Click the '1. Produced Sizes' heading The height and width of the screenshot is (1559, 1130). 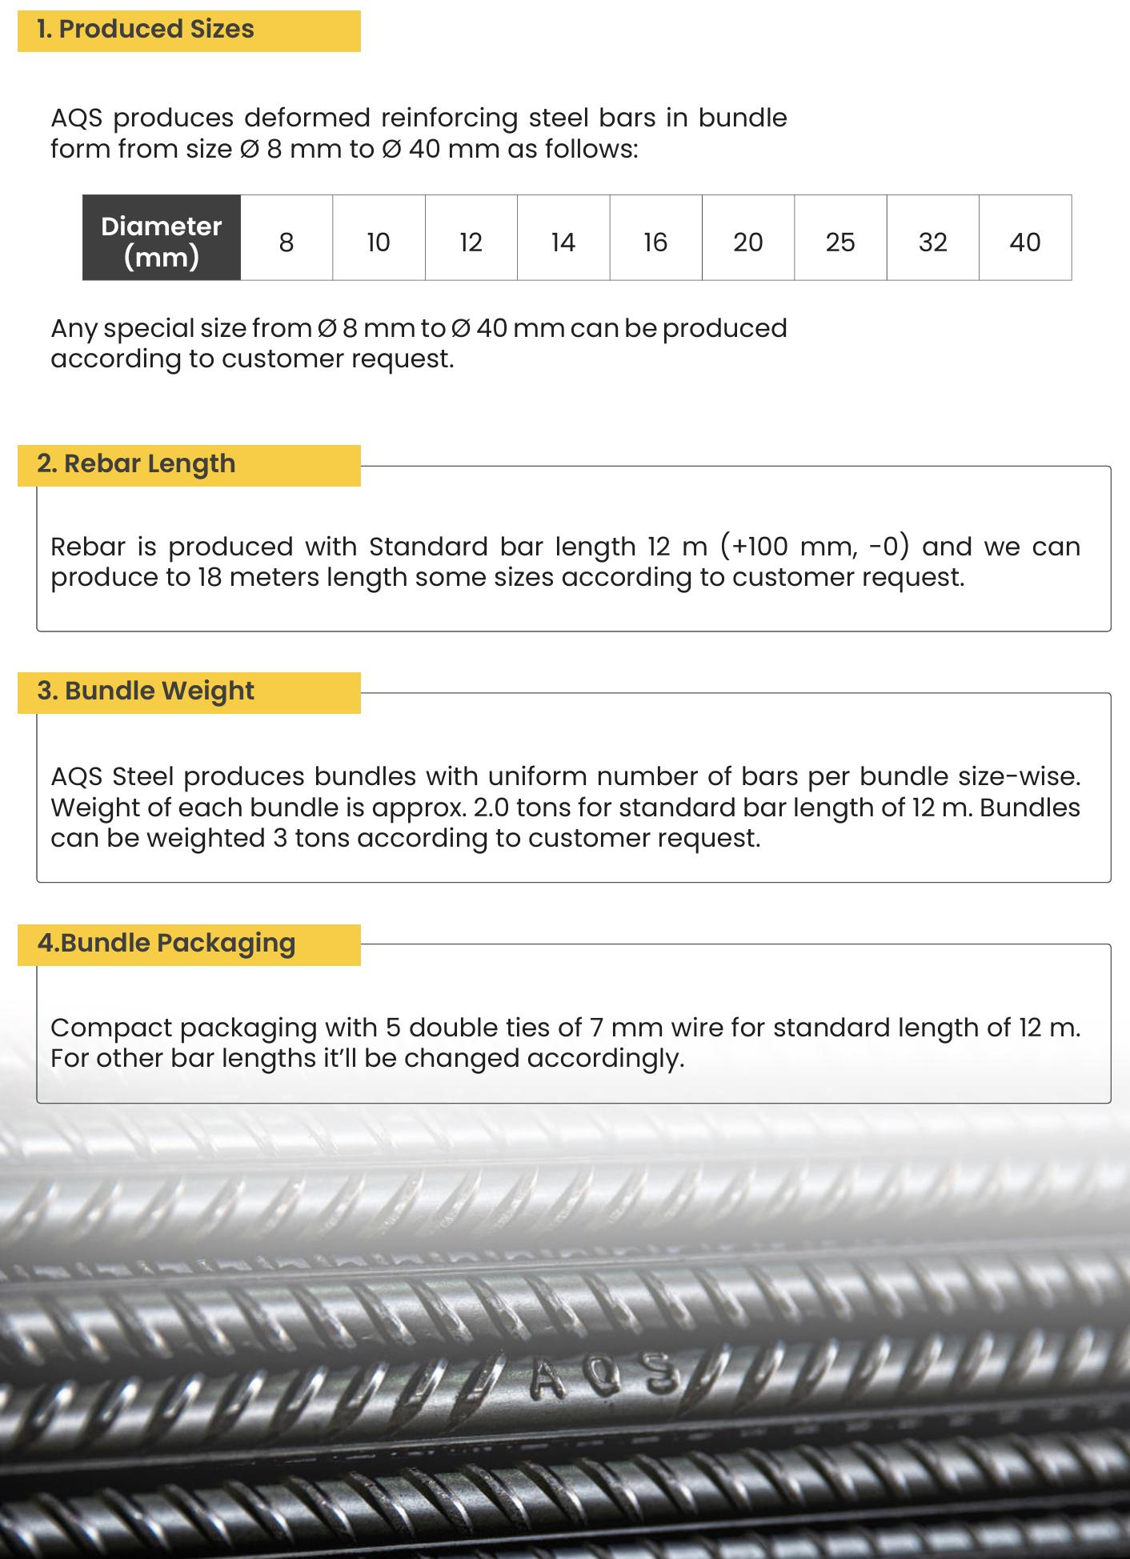pyautogui.click(x=145, y=30)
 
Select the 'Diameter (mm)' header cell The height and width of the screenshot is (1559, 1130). pyautogui.click(x=161, y=241)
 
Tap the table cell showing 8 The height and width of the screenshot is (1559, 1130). pyautogui.click(x=287, y=242)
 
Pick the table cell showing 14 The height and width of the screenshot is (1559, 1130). pyautogui.click(x=563, y=242)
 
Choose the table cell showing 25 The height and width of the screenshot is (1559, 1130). pyautogui.click(x=840, y=242)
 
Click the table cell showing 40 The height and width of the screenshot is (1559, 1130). pyautogui.click(x=1025, y=242)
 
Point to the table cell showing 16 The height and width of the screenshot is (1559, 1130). pyautogui.click(x=655, y=242)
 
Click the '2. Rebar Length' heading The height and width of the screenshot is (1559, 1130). pyautogui.click(x=136, y=464)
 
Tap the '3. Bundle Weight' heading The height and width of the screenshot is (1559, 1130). pyautogui.click(x=146, y=691)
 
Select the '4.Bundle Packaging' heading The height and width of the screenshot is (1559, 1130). pyautogui.click(x=166, y=944)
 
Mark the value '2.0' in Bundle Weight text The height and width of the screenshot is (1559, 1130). pyautogui.click(x=491, y=808)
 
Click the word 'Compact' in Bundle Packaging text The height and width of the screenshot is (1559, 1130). pyautogui.click(x=110, y=1028)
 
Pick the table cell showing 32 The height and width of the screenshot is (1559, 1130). pyautogui.click(x=932, y=242)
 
